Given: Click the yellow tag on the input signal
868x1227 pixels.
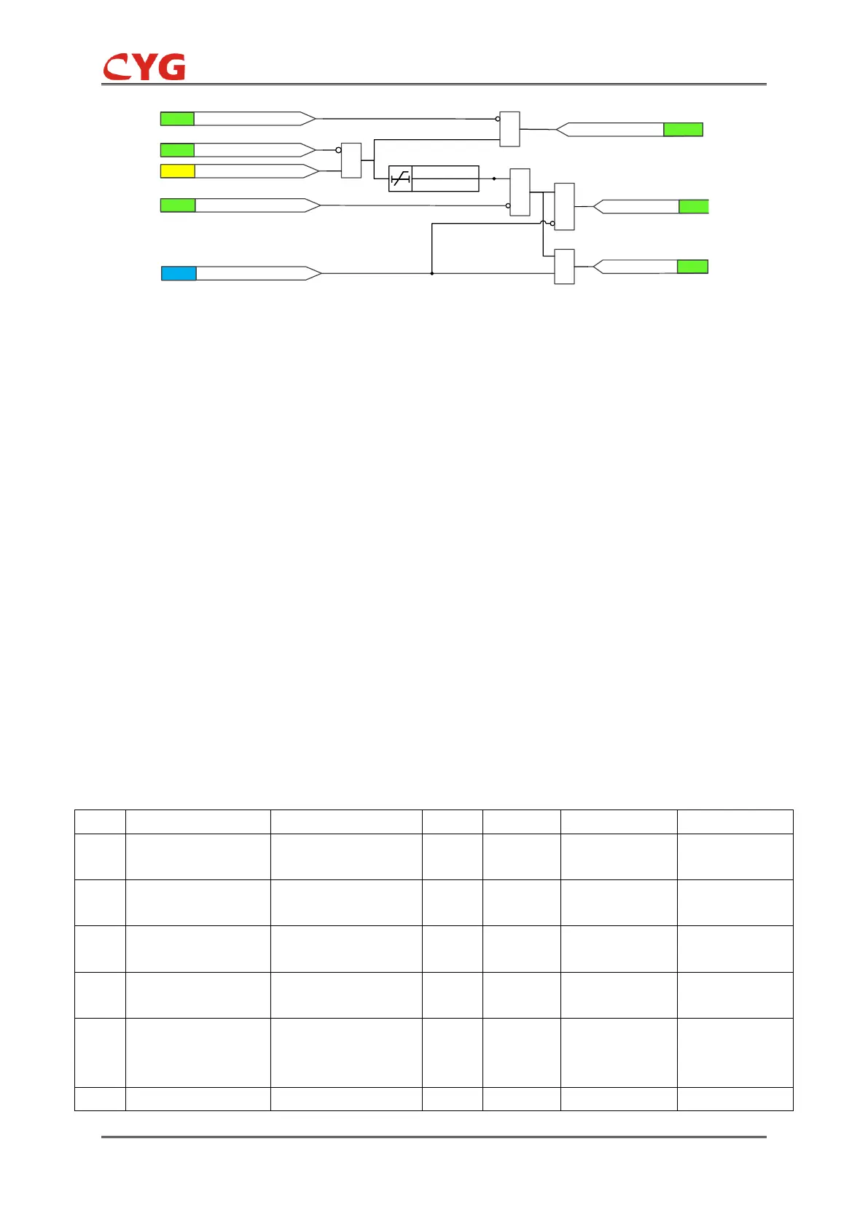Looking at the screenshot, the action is (177, 171).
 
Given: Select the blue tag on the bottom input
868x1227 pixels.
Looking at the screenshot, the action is (179, 273).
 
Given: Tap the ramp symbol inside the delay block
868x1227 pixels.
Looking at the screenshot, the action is (401, 179).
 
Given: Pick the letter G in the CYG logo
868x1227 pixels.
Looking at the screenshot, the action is (171, 67).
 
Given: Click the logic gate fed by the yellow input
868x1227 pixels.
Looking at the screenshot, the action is (351, 160).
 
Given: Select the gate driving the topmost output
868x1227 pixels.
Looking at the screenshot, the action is (509, 129).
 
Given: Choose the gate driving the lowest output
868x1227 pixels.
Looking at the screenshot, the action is (564, 267).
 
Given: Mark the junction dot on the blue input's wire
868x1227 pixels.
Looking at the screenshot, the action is (432, 273).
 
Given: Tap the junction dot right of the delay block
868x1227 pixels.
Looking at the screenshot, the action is (494, 179).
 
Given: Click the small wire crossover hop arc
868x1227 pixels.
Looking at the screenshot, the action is (543, 222).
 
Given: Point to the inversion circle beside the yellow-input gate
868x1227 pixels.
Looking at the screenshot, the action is (338, 150).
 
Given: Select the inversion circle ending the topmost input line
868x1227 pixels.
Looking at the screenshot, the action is (498, 119).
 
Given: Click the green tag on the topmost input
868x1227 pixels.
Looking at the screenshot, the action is (177, 119).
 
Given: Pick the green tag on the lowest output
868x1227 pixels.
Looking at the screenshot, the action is (692, 267).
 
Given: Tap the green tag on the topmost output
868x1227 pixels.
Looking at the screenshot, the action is (683, 130).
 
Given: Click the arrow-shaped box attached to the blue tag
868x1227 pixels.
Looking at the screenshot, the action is (259, 273).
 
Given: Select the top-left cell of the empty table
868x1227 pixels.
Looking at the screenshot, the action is (100, 821).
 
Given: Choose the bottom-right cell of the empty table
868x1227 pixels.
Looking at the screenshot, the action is (735, 1099).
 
